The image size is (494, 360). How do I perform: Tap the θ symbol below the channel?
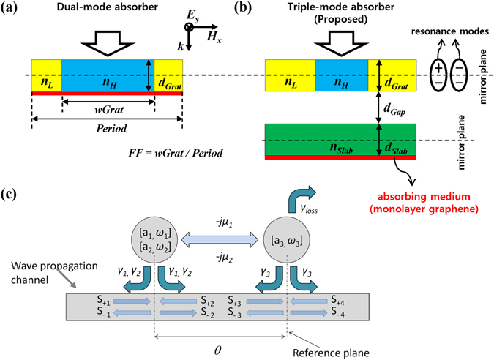click(x=221, y=349)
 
